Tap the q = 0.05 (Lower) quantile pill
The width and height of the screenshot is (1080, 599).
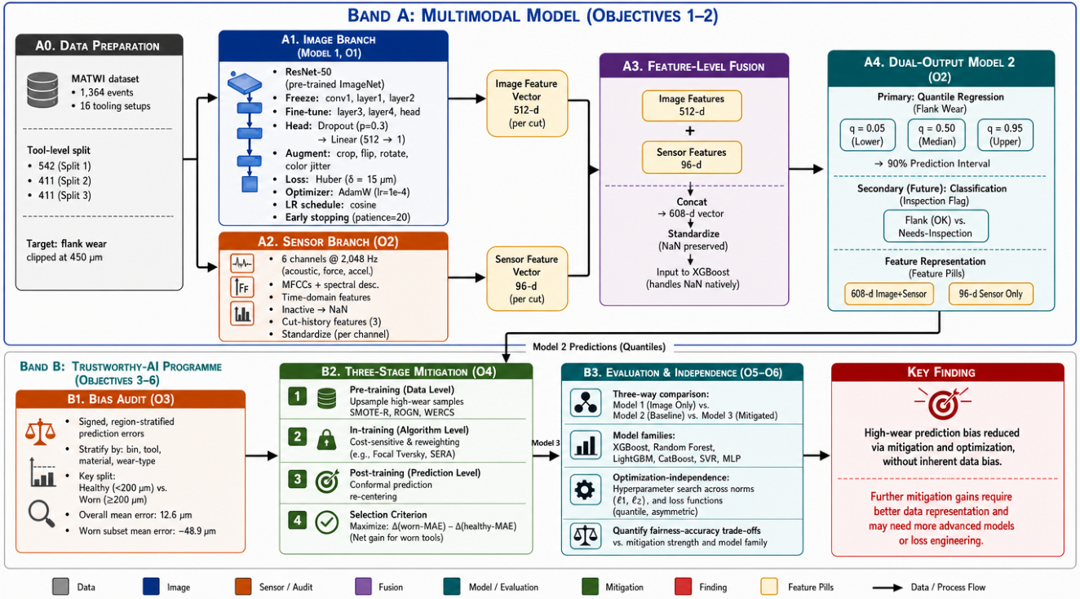[x=867, y=135]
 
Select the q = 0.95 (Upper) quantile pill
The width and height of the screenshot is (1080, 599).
[x=1005, y=135]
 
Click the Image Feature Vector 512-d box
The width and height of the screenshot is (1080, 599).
[x=526, y=103]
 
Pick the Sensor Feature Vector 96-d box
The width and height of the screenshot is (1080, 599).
[x=526, y=279]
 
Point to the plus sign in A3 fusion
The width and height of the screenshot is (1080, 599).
[x=690, y=131]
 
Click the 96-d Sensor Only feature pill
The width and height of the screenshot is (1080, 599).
[x=991, y=294]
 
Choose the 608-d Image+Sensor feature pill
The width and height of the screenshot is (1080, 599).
[x=888, y=294]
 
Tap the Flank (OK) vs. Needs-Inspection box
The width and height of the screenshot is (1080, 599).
[x=936, y=226]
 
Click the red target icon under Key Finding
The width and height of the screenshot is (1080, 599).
[x=942, y=403]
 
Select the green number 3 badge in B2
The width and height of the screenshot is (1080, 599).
[x=298, y=479]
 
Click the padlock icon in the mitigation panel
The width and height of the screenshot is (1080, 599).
[x=326, y=439]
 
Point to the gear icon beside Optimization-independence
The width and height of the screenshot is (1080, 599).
[x=585, y=490]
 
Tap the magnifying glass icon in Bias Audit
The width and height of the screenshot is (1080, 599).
[x=41, y=513]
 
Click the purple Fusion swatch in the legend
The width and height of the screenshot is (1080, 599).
[x=363, y=587]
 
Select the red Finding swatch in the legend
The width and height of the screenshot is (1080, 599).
[x=684, y=587]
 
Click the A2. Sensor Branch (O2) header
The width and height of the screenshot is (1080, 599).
[x=333, y=241]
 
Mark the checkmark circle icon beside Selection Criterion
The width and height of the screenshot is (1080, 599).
[x=326, y=521]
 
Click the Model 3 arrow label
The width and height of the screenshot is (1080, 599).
[x=546, y=443]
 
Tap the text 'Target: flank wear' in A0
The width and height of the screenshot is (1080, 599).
[x=67, y=243]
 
